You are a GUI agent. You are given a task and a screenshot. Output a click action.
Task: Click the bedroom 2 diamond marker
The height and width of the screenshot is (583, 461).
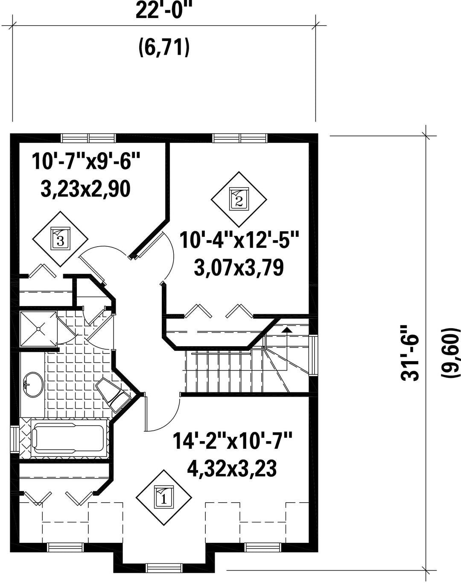[239, 199]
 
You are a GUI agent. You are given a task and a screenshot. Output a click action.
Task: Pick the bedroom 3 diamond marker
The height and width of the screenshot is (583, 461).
[60, 238]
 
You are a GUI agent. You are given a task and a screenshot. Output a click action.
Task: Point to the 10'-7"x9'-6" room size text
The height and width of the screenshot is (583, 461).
[86, 161]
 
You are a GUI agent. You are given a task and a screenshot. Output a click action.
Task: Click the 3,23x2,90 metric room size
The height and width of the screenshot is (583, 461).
[85, 189]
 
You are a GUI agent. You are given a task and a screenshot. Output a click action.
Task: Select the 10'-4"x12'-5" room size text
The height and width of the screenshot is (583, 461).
[239, 240]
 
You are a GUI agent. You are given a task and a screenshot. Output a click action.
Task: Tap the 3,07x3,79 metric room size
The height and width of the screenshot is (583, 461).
[239, 268]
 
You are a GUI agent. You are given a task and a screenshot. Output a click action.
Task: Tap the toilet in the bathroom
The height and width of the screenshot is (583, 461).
[114, 392]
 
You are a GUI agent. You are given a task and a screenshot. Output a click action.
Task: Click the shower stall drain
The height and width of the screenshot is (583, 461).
[38, 329]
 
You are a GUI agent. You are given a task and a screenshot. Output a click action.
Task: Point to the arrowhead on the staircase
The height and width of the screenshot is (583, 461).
[287, 330]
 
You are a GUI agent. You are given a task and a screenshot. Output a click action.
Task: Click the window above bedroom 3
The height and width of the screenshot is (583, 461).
[89, 138]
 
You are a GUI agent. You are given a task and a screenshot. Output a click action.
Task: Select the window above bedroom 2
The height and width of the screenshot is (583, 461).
[240, 138]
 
